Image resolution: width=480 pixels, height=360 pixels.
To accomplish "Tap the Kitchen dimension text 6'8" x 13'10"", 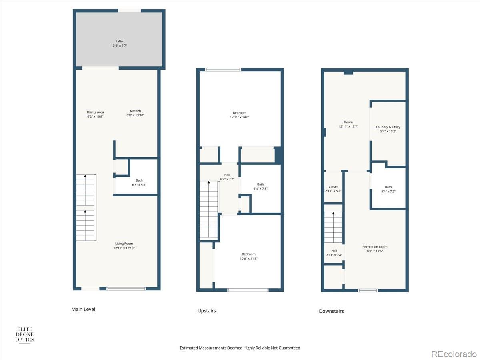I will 135,115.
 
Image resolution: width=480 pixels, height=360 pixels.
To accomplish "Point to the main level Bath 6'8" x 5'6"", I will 139,182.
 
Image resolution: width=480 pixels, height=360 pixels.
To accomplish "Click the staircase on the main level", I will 86,208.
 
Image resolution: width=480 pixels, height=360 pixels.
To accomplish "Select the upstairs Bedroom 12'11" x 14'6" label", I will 240,115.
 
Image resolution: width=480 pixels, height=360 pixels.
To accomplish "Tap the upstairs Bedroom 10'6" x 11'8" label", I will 248,256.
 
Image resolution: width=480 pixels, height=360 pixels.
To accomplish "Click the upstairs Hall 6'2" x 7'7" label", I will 227,177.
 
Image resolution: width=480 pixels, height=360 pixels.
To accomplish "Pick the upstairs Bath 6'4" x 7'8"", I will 260,186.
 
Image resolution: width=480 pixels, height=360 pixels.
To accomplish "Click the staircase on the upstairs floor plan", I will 209,210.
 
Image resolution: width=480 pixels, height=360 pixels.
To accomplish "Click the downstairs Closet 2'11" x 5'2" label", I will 333,189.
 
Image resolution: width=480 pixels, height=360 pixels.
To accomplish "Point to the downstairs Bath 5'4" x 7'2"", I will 388,189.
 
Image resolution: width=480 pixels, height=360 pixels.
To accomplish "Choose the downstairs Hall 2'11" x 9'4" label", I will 334,253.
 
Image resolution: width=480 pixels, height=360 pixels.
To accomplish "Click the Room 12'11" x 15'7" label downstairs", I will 348,124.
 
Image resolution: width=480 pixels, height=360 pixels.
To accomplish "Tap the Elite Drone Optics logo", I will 24,334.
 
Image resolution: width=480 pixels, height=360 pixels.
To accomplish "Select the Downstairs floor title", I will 331,311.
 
